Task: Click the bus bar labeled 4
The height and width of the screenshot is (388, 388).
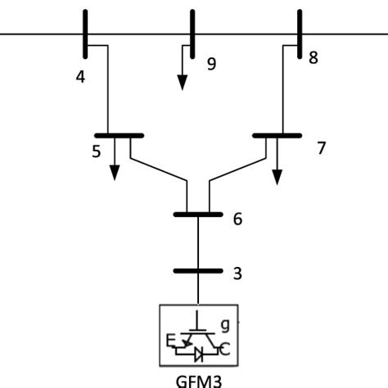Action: pos(85,34)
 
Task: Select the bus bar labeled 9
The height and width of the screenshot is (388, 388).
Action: pos(192,34)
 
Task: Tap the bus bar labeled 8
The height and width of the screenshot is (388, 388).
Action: pos(298,34)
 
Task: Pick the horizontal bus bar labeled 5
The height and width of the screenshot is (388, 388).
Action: pos(120,135)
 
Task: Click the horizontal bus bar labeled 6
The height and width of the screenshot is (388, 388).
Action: pos(198,214)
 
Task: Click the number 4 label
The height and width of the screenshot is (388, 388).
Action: pos(80,79)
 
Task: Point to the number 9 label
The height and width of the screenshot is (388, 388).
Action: pos(211,64)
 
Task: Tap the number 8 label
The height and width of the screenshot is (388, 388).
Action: pos(313,59)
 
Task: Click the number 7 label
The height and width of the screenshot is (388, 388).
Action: pos(321,149)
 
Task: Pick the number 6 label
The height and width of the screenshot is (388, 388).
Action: pos(237,219)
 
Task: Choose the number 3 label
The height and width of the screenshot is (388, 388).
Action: pos(237,274)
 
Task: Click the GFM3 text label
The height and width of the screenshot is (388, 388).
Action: pos(198,379)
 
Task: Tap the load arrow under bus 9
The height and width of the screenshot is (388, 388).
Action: pos(183,71)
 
